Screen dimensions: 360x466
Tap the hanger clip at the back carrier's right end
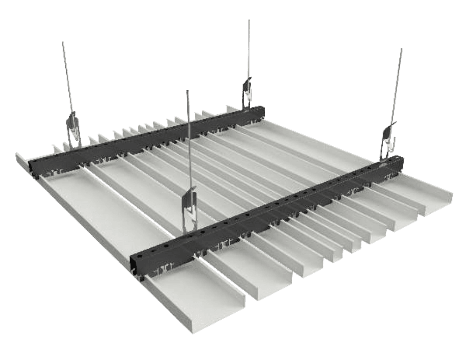pos(248,91)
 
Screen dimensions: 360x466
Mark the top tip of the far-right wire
pos(401,48)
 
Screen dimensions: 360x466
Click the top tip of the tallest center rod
pos(249,20)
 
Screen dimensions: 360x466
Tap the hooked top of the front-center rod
pos(188,92)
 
